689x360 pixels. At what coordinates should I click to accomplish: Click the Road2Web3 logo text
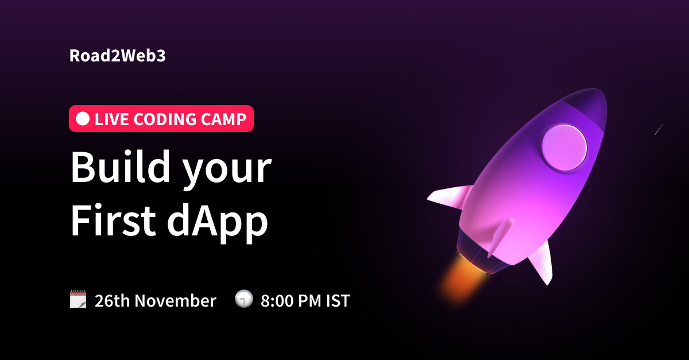(x=118, y=56)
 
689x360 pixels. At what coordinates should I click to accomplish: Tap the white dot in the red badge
(x=83, y=119)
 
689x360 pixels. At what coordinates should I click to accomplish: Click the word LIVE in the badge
(x=111, y=119)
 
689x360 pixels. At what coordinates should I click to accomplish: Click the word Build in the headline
(x=121, y=167)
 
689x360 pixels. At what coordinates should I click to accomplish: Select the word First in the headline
(x=114, y=220)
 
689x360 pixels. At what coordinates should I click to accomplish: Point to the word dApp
(x=218, y=223)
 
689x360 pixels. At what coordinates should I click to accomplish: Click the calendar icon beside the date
(x=78, y=299)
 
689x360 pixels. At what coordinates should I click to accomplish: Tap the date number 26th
(x=113, y=301)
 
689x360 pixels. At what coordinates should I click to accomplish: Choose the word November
(x=175, y=301)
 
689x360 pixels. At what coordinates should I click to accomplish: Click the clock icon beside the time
(x=244, y=299)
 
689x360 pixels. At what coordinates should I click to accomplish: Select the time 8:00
(x=277, y=301)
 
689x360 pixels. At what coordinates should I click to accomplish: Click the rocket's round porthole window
(x=564, y=148)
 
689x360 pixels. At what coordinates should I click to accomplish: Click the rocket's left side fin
(x=449, y=197)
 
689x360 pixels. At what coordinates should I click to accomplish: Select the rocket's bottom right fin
(x=542, y=263)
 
